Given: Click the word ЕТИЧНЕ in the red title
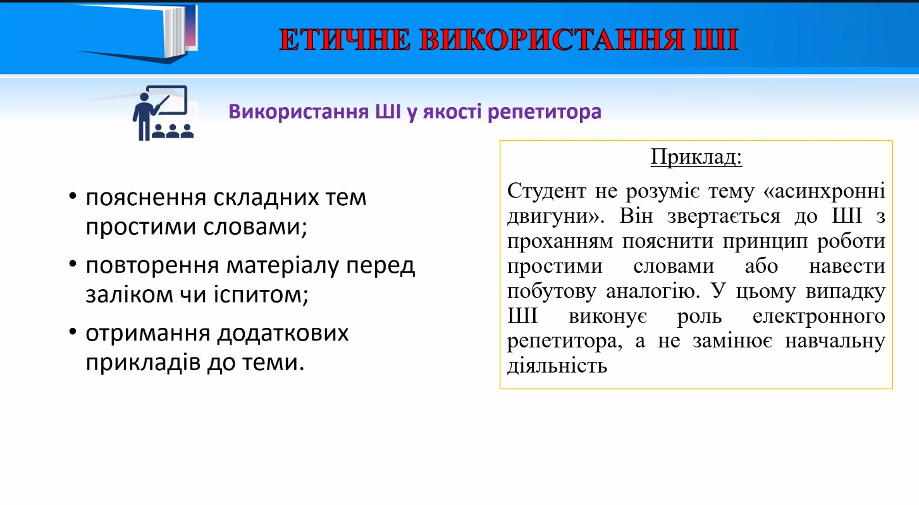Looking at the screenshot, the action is pos(345,40).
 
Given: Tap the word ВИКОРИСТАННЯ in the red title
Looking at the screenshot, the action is pos(552,40).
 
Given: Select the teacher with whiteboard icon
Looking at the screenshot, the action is pos(163,113).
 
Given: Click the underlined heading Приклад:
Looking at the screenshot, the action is pos(696,156).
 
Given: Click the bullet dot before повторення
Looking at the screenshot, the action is pos(73,265).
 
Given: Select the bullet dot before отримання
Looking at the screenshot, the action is pos(73,332).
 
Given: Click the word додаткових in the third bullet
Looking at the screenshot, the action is pos(283,334).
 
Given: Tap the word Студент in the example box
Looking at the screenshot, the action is pos(547,191).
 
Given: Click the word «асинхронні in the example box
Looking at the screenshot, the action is pos(824,191).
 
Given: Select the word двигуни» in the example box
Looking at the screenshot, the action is pos(556,216).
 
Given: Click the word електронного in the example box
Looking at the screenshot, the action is pos(819,316).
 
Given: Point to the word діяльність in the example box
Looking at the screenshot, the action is pos(557,365).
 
